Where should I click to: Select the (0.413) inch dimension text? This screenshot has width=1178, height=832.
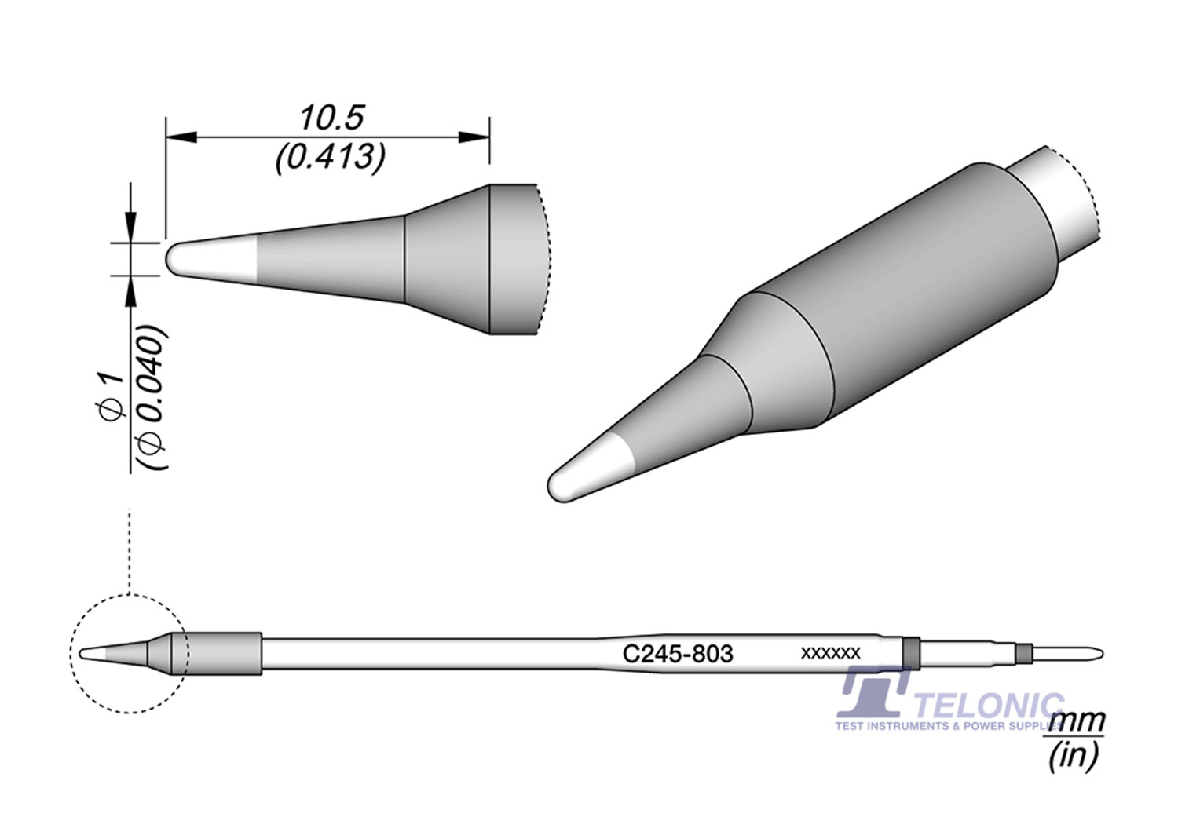click(330, 159)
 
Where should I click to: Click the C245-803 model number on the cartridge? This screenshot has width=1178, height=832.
click(678, 654)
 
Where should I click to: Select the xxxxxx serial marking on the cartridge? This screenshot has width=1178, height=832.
click(830, 653)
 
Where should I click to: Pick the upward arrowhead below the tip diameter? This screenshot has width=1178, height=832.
click(130, 293)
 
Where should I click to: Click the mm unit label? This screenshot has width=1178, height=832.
click(1077, 719)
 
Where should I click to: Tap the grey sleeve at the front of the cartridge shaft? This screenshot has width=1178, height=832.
click(224, 653)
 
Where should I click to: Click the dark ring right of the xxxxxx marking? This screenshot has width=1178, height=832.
click(910, 651)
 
